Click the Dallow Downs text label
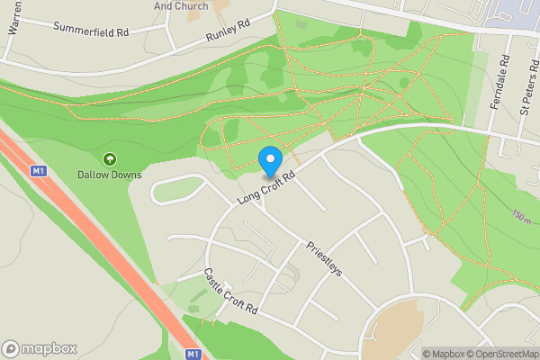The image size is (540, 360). pyautogui.click(x=110, y=174)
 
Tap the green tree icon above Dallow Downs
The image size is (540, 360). pyautogui.click(x=110, y=159)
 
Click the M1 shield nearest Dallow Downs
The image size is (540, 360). pyautogui.click(x=38, y=170)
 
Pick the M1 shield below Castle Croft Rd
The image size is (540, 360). pyautogui.click(x=193, y=355)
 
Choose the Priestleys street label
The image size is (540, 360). pyautogui.click(x=323, y=257)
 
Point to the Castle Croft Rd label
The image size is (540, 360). pyautogui.click(x=230, y=291)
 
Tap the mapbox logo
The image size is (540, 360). pyautogui.click(x=40, y=348)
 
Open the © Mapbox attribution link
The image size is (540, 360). pyautogui.click(x=443, y=354)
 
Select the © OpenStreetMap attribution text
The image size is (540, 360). pyautogui.click(x=500, y=354)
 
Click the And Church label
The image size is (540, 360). pyautogui.click(x=181, y=5)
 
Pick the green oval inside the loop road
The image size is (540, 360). pyautogui.click(x=179, y=188)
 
